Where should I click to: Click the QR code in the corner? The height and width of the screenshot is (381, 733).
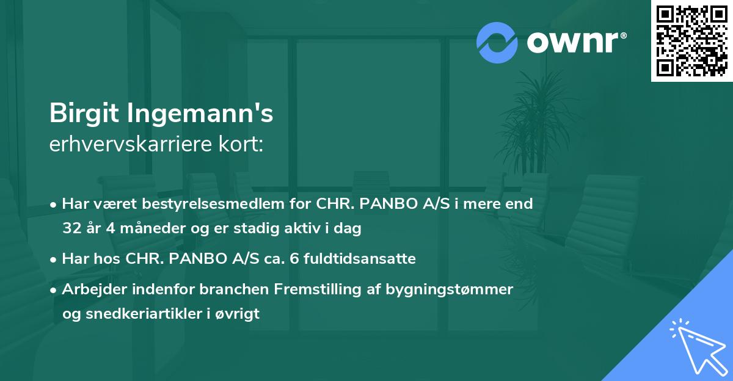(x=692, y=41)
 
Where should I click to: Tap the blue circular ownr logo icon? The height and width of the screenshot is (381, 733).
(x=498, y=42)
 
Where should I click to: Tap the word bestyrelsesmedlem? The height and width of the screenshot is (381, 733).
(x=208, y=203)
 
